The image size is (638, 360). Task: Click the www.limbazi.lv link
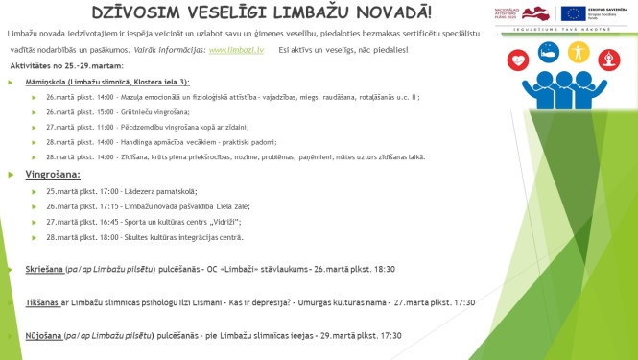231,49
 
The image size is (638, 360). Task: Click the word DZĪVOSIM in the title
138,12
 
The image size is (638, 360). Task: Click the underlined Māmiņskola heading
42,84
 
